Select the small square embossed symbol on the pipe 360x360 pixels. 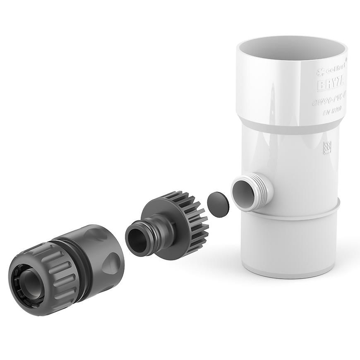327,147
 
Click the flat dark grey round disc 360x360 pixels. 216,204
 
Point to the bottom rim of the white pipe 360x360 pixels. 290,271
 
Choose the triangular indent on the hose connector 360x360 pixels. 110,265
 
